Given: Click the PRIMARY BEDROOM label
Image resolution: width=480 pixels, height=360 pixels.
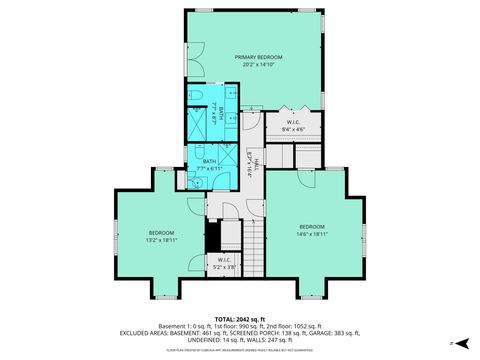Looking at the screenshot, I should click(259, 57).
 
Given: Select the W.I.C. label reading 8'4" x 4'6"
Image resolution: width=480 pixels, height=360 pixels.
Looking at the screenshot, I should click(295, 124).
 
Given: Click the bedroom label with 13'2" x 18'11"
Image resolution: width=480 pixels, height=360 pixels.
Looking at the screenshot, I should click(162, 235).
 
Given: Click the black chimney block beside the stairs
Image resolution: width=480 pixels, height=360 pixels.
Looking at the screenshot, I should click(212, 238).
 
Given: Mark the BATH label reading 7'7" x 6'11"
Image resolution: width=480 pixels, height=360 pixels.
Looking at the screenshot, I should click(209, 165).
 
